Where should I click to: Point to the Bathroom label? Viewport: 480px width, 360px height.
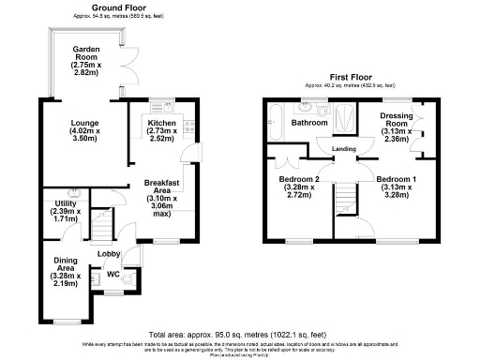(307, 123)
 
